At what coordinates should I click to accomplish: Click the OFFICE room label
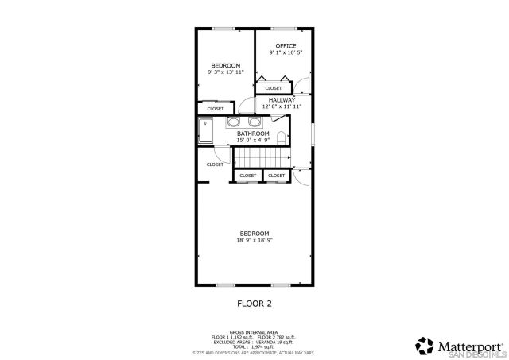[286, 46]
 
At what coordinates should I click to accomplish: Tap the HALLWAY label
[282, 100]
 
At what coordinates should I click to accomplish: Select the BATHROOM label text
[253, 134]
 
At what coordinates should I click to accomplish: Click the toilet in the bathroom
[281, 137]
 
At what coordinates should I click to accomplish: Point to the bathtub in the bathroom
[205, 130]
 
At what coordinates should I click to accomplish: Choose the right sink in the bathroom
[254, 122]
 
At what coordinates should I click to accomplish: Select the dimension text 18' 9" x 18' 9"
[254, 239]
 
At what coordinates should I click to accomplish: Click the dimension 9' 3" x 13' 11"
[226, 72]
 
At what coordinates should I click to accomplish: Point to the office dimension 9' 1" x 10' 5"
[286, 52]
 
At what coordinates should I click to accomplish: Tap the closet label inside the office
[273, 88]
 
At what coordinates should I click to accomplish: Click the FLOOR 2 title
[254, 303]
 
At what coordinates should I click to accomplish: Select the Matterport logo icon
[423, 346]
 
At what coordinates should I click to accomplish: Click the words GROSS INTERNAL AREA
[254, 331]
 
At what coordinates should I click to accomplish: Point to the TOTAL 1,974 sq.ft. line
[254, 346]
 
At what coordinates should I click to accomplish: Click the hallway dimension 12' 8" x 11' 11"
[282, 106]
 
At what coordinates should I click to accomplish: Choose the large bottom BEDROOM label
[254, 233]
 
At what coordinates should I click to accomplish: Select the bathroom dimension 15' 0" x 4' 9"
[253, 140]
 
